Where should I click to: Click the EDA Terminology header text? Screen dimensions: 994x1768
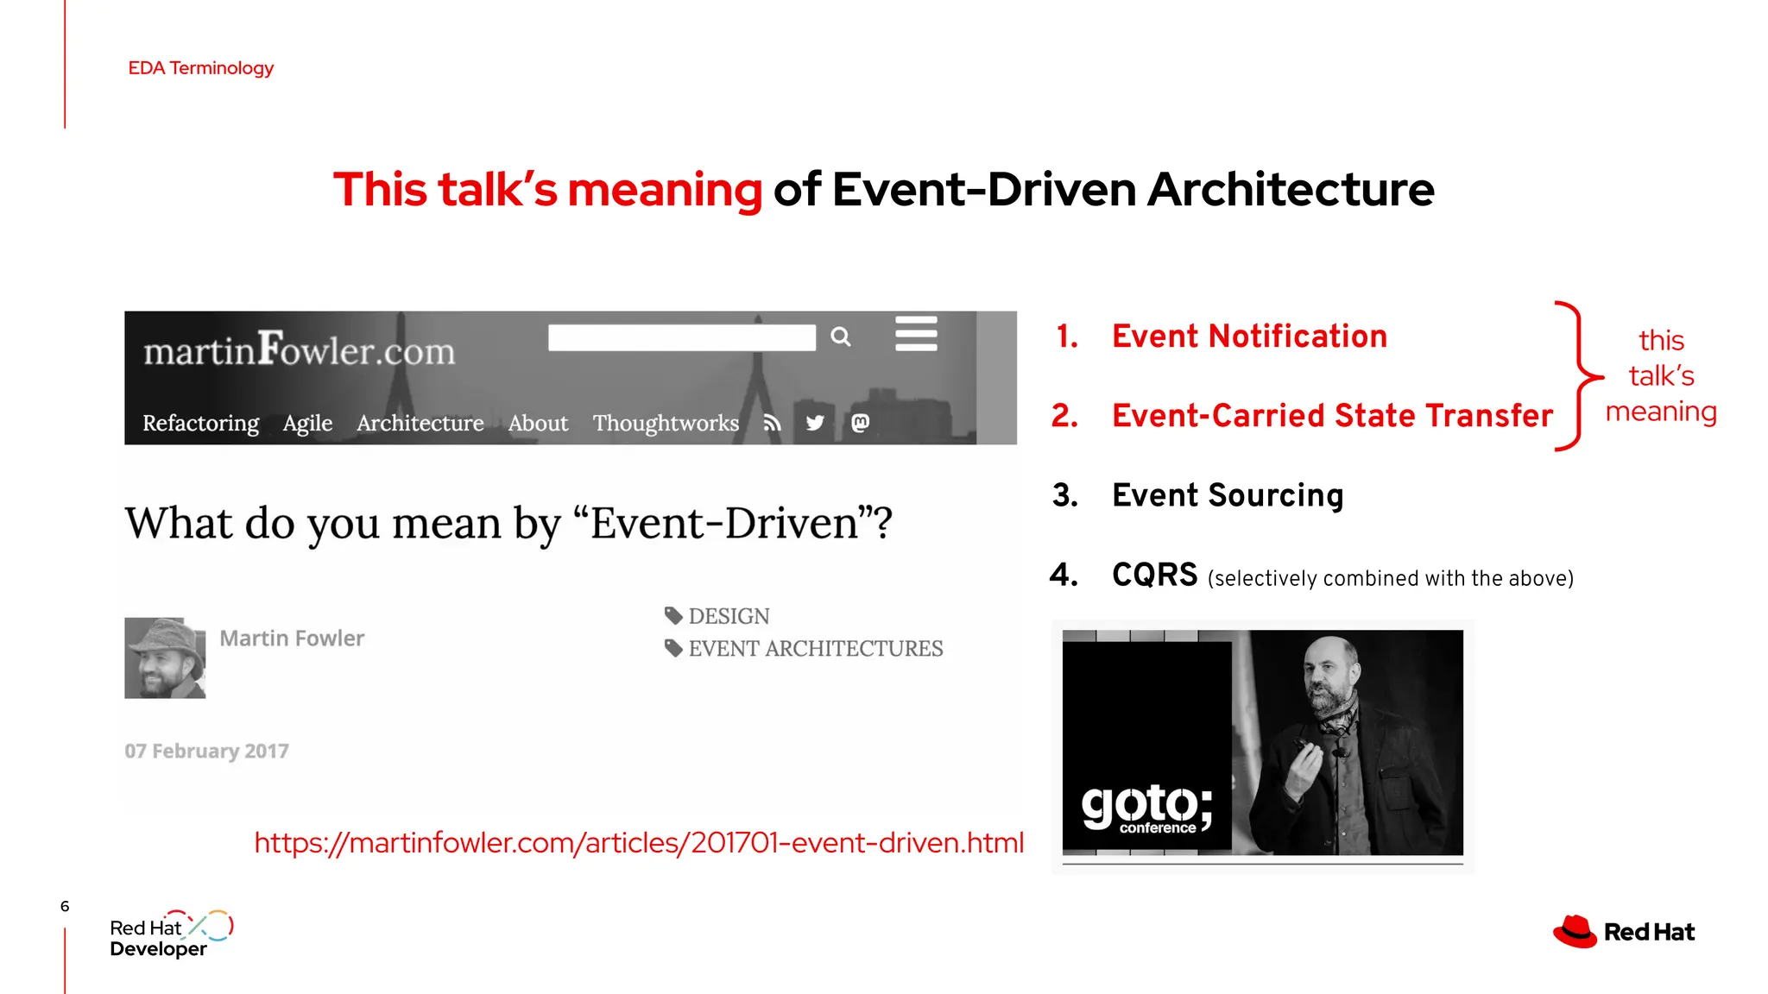point(200,68)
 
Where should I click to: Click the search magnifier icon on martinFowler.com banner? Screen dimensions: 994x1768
point(841,337)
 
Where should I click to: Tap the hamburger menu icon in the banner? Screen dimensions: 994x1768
point(916,334)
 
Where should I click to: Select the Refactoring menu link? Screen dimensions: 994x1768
point(200,423)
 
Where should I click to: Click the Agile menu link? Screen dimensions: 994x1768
point(307,423)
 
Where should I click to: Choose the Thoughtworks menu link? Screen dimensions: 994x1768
point(666,423)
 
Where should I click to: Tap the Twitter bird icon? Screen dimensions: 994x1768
point(815,423)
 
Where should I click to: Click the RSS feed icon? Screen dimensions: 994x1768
point(772,423)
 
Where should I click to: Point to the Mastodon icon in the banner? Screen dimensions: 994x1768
point(861,423)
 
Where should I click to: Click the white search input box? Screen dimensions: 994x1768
point(681,337)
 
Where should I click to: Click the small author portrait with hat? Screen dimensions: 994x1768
point(165,657)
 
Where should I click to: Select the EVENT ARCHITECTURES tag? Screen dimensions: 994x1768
point(815,648)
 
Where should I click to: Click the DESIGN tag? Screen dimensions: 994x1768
point(728,616)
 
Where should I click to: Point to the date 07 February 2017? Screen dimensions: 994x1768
point(206,751)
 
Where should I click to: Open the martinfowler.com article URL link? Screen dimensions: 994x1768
point(639,842)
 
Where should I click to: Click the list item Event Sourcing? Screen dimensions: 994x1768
point(1227,495)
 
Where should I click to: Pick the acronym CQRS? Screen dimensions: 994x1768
point(1154,575)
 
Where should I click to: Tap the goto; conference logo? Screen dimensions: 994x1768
point(1146,808)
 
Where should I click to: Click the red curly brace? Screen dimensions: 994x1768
point(1578,376)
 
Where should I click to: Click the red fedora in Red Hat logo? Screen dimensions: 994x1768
point(1575,932)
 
